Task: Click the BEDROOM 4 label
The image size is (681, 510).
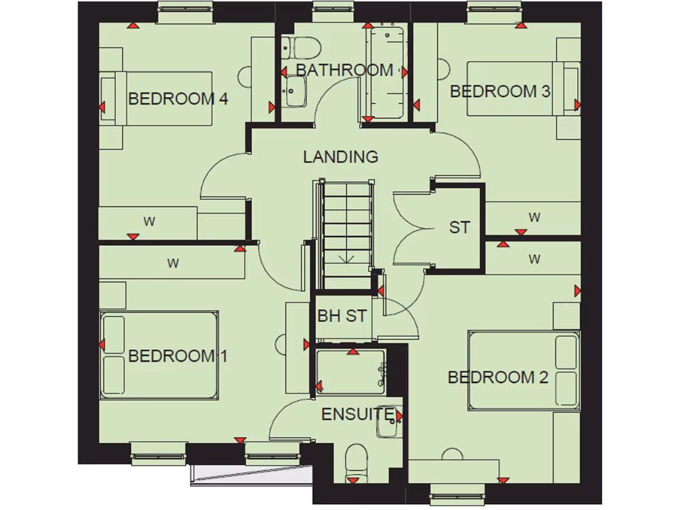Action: tap(178, 99)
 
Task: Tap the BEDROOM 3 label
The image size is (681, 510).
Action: tap(500, 91)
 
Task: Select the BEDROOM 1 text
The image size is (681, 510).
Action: tap(178, 356)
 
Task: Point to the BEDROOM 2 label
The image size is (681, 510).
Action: tap(497, 377)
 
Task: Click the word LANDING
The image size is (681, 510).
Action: tap(340, 157)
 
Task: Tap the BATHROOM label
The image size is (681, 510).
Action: tap(344, 70)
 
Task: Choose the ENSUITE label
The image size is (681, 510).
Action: tap(357, 414)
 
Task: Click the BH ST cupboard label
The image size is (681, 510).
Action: tap(342, 316)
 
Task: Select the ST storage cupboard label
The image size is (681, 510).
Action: tap(459, 227)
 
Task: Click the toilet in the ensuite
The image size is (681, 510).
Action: tap(356, 462)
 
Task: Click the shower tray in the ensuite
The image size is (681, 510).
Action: tap(350, 373)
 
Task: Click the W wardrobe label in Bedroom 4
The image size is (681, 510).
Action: tap(150, 222)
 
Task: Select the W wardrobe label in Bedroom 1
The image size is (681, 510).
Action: tap(173, 263)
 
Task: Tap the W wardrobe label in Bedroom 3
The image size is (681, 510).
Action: tap(534, 217)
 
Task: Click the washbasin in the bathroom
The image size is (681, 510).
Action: tap(293, 90)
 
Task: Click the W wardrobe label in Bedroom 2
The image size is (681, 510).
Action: tap(534, 259)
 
